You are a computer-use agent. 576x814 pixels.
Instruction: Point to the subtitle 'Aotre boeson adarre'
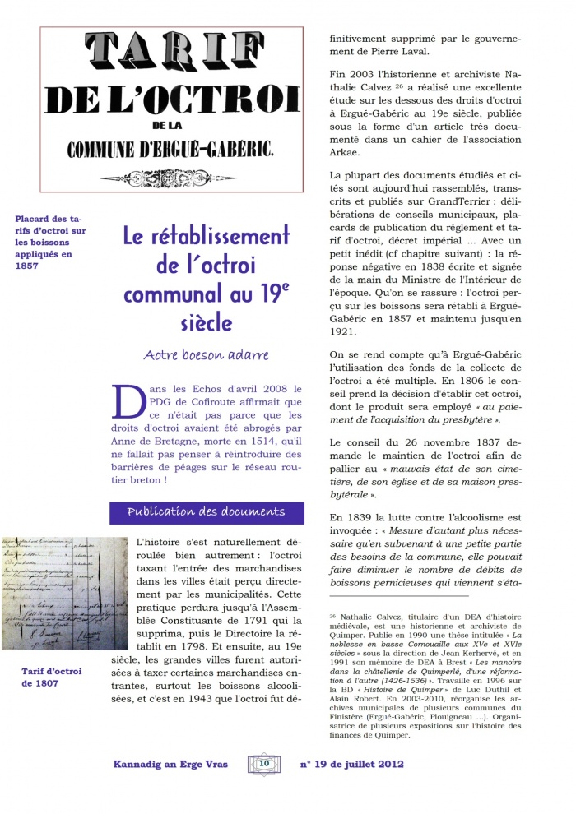206,355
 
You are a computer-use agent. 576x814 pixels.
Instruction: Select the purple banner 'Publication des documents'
207,512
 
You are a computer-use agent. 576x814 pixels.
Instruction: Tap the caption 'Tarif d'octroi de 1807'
52,677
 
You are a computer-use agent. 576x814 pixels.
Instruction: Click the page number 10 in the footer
264,763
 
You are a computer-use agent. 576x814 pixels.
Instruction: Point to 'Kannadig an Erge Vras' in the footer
170,764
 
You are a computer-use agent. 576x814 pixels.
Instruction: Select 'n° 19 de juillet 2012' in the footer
352,764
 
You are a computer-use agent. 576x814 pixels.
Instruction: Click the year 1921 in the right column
344,331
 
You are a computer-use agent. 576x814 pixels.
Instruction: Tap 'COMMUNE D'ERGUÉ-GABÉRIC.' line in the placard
170,150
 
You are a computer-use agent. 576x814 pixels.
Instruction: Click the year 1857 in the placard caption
27,266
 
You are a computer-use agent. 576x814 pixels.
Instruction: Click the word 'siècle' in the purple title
206,322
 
